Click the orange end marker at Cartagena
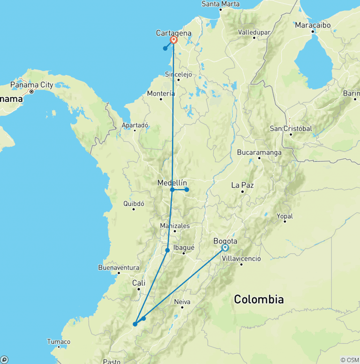click(174, 40)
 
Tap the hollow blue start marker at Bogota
click(225, 247)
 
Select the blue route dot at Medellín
click(172, 190)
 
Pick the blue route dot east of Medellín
click(187, 190)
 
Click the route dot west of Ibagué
click(167, 250)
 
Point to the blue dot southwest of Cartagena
click(165, 48)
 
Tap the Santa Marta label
click(220, 4)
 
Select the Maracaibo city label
click(313, 25)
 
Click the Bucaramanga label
click(259, 152)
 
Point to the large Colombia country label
click(259, 299)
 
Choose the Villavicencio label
click(241, 258)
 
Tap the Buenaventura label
click(119, 267)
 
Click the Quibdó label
click(134, 204)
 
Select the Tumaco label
click(59, 341)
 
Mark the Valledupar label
click(255, 32)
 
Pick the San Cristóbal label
click(291, 129)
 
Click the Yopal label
click(285, 216)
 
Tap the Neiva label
click(182, 302)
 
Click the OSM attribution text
click(350, 360)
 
